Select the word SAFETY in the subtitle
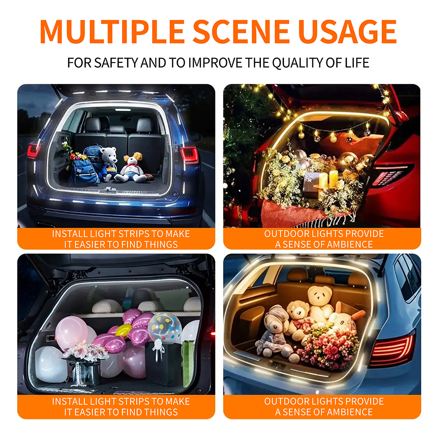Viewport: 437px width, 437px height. tap(116, 62)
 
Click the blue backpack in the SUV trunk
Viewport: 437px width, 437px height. tap(85, 165)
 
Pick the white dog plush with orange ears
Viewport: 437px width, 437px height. tap(132, 167)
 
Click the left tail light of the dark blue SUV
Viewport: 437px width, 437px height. tap(34, 150)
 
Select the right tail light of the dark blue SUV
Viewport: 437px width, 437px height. tap(190, 155)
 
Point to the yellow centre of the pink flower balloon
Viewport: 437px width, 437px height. tap(124, 331)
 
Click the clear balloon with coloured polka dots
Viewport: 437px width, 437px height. tap(164, 327)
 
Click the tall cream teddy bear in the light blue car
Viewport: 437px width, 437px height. tap(320, 302)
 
